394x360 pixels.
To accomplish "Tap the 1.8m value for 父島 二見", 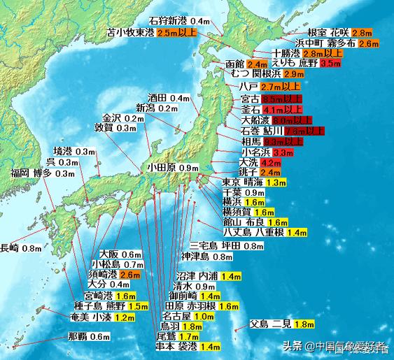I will (x=303, y=324).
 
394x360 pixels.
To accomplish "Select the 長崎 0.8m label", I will (x=21, y=247).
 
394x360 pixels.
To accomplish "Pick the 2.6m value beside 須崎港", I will (x=130, y=275).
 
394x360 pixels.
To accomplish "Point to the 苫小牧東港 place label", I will (x=131, y=32).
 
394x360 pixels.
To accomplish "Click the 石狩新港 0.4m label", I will (x=180, y=22).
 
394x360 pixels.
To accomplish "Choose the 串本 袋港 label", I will (x=176, y=346).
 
